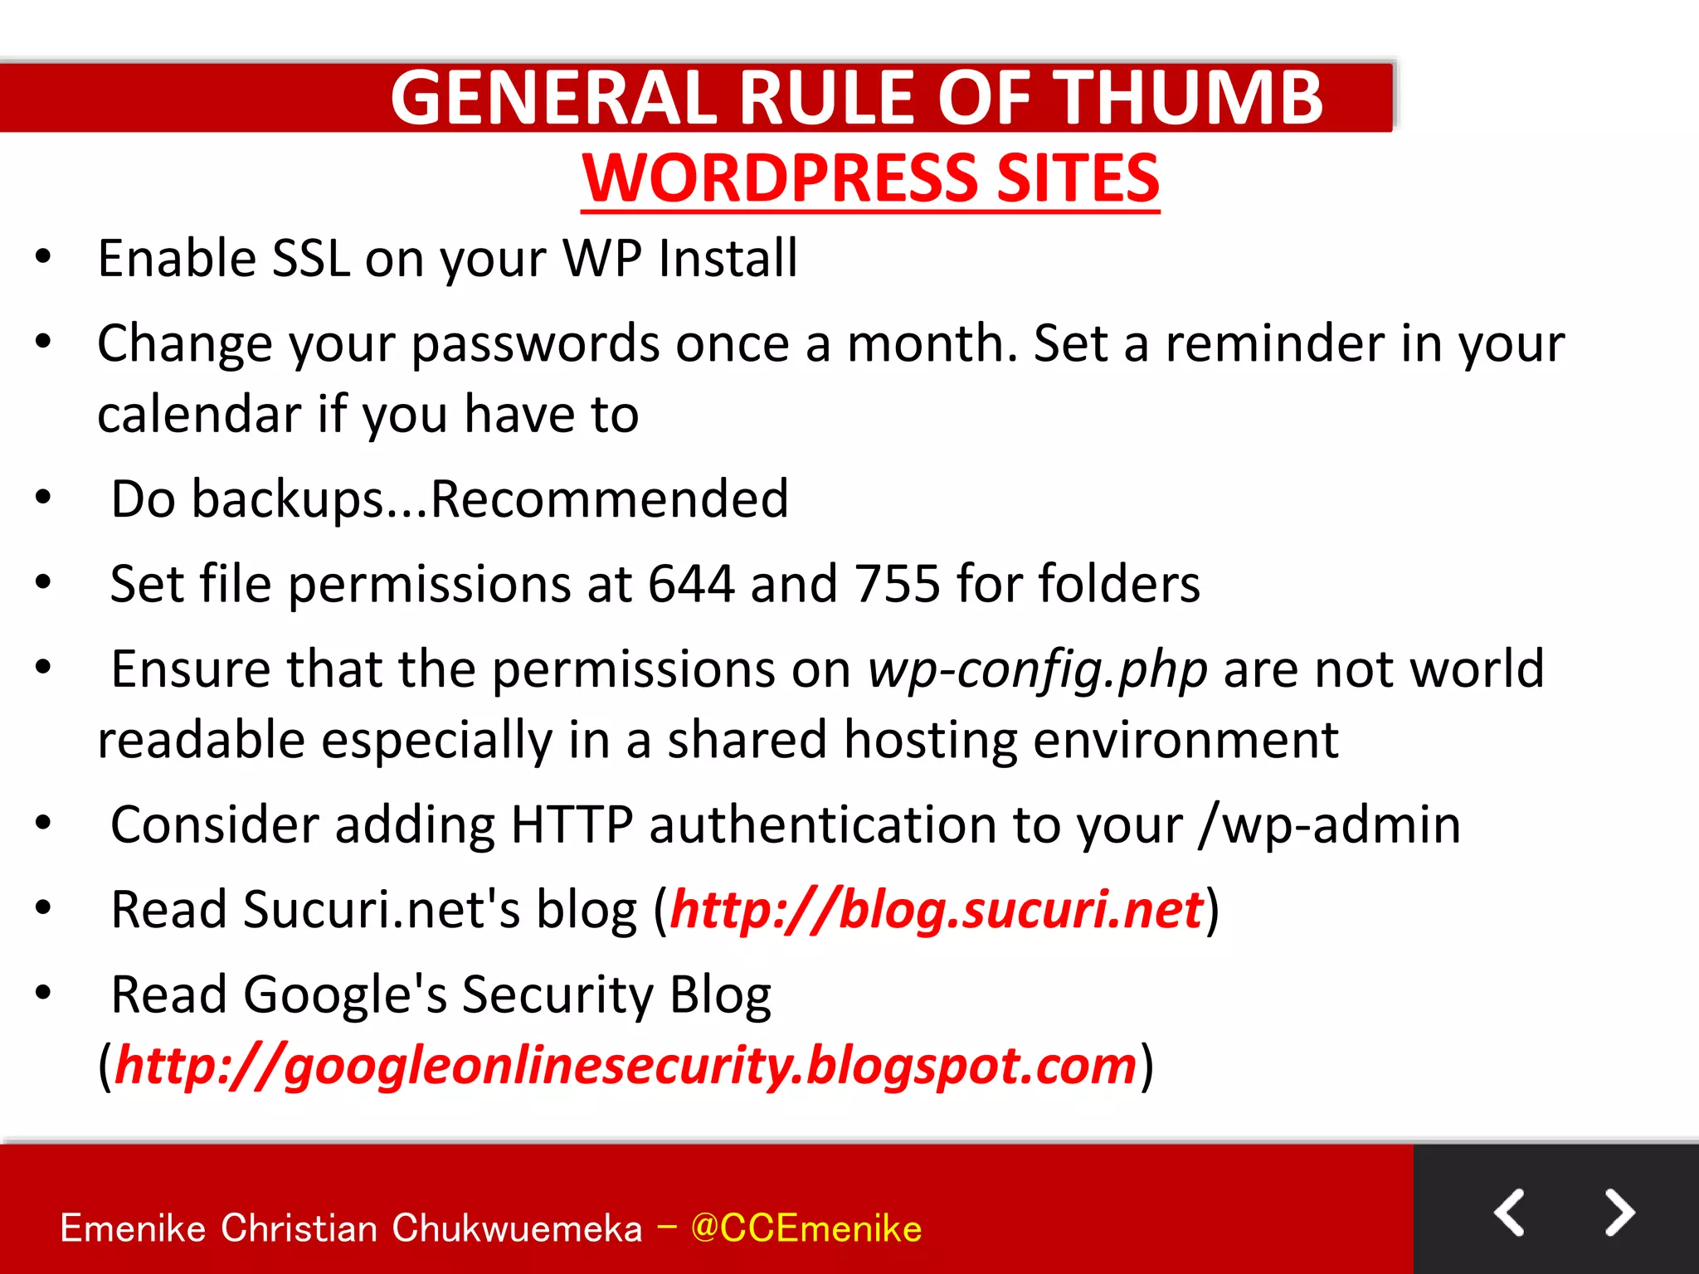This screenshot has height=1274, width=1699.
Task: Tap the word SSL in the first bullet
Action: (x=311, y=258)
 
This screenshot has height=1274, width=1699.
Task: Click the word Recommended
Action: (x=609, y=499)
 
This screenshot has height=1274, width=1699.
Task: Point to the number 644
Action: (x=690, y=584)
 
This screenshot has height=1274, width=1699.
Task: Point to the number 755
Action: (x=898, y=584)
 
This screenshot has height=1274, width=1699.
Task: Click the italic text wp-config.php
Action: (x=1037, y=669)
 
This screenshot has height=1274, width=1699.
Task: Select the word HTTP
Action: (x=572, y=825)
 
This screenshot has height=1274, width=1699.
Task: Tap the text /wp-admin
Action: (x=1329, y=825)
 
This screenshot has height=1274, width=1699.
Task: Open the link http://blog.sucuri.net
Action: (x=937, y=910)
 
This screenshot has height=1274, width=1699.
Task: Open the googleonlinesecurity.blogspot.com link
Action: (x=626, y=1065)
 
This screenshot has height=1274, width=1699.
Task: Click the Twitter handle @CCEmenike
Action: (x=806, y=1228)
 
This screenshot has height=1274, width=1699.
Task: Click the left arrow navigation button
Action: (x=1509, y=1213)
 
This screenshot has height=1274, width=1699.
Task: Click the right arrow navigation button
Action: (x=1619, y=1213)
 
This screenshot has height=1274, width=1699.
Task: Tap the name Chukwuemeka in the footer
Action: (x=516, y=1228)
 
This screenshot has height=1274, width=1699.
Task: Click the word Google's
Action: (x=344, y=994)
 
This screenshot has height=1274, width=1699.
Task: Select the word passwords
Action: (x=535, y=344)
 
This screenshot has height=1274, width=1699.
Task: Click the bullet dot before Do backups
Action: (x=43, y=498)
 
